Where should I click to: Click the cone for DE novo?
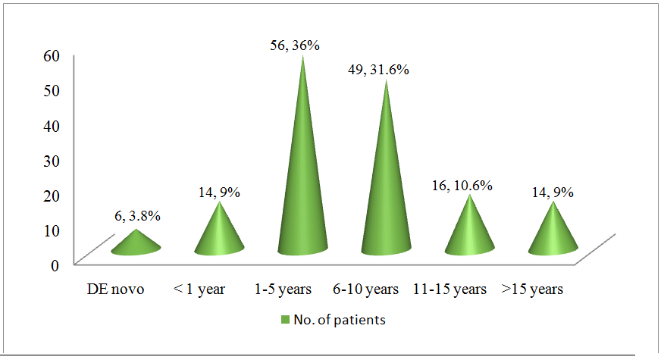136,243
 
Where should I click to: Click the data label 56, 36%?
295,45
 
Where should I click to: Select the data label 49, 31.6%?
378,70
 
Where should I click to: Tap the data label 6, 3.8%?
137,216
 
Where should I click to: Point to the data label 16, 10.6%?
462,186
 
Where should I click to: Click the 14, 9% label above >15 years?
553,193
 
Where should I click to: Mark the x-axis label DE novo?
116,290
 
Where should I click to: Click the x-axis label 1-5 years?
283,290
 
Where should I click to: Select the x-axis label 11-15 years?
449,290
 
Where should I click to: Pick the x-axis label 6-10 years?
365,290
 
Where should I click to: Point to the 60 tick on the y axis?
52,55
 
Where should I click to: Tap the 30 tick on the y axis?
52,161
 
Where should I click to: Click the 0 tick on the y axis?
55,265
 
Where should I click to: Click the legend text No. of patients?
340,320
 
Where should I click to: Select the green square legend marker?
285,320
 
